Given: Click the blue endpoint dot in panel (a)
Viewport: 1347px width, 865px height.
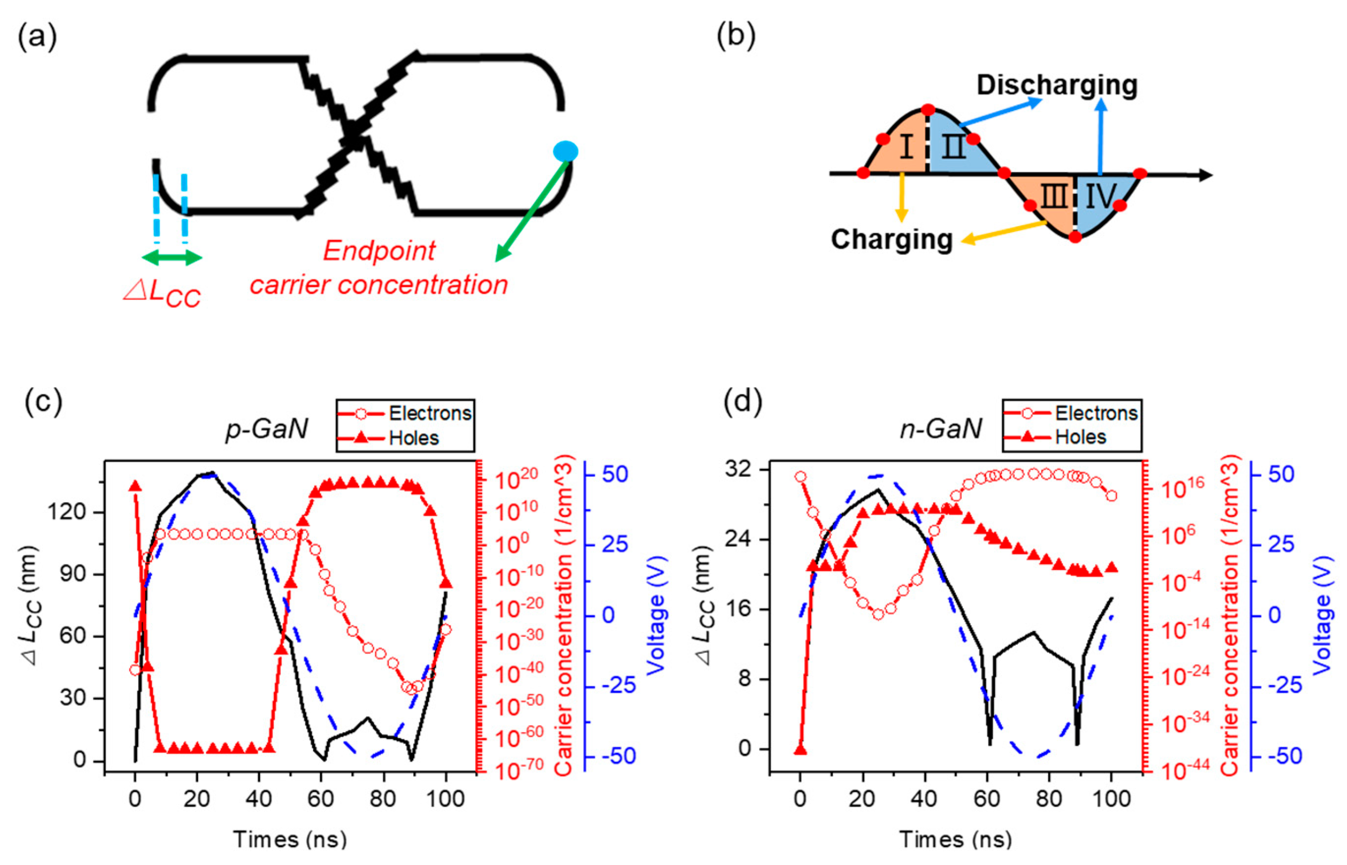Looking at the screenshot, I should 564,151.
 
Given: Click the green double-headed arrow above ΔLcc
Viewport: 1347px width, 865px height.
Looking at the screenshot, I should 171,258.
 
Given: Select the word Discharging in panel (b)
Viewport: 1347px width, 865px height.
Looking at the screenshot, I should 1057,85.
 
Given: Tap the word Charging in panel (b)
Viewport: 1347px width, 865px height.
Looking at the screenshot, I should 892,239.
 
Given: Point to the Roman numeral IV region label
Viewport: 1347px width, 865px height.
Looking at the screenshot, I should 1100,197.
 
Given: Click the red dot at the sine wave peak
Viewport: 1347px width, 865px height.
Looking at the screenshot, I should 928,110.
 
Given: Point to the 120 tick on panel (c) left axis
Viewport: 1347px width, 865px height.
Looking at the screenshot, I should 66,512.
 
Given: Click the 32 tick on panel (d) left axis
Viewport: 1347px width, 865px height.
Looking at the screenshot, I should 738,469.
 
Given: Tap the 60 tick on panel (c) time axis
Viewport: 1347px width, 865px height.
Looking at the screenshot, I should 321,798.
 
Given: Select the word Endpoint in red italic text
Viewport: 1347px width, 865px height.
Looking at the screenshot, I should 379,251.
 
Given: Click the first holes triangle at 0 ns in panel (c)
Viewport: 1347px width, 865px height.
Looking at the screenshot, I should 135,486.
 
